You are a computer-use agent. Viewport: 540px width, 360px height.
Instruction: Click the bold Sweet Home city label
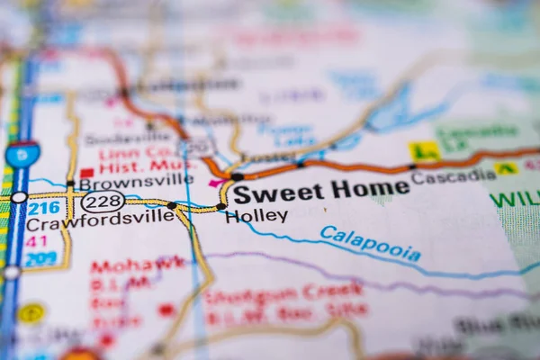pyautogui.click(x=320, y=190)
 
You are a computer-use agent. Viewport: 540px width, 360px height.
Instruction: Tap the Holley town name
pyautogui.click(x=256, y=216)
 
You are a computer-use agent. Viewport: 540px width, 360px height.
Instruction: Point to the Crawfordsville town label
pyautogui.click(x=100, y=216)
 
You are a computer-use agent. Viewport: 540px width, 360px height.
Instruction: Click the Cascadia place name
pyautogui.click(x=453, y=176)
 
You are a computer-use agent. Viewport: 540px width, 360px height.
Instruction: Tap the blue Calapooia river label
pyautogui.click(x=370, y=244)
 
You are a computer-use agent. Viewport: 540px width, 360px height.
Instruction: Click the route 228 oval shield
pyautogui.click(x=103, y=202)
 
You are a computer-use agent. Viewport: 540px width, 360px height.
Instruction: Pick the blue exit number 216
pyautogui.click(x=42, y=208)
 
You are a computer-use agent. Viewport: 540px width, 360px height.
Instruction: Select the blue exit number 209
pyautogui.click(x=40, y=257)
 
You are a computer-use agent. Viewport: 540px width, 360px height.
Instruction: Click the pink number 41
pyautogui.click(x=36, y=241)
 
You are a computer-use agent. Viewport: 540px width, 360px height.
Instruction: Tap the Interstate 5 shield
pyautogui.click(x=22, y=155)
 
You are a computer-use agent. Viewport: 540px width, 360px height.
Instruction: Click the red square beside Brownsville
pyautogui.click(x=86, y=173)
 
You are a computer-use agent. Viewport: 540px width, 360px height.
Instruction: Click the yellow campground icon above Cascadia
pyautogui.click(x=423, y=150)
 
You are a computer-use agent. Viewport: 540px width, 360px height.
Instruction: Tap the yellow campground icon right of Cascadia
pyautogui.click(x=506, y=168)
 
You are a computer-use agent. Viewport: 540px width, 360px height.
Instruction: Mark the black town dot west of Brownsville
pyautogui.click(x=70, y=184)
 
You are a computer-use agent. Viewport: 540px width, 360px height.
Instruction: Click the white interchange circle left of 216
pyautogui.click(x=18, y=197)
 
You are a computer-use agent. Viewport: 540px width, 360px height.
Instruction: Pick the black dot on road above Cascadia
pyautogui.click(x=412, y=166)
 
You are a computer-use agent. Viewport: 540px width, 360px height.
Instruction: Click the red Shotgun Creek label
pyautogui.click(x=283, y=292)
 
